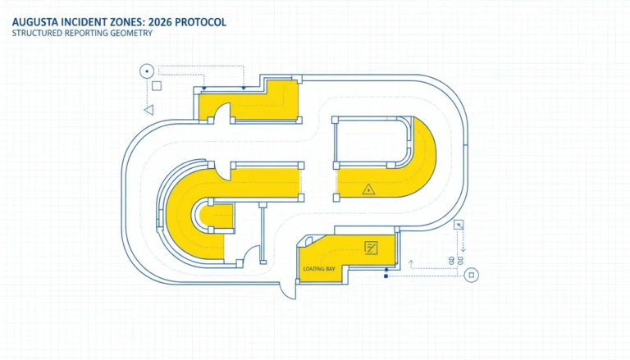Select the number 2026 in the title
(160, 22)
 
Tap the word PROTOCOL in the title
(200, 22)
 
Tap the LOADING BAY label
(319, 269)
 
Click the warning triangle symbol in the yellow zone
(368, 189)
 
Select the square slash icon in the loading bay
(371, 248)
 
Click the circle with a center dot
(147, 71)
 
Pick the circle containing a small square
(472, 276)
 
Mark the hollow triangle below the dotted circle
(149, 110)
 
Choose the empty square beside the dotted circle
(157, 85)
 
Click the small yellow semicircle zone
(217, 216)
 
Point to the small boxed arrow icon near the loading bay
(459, 225)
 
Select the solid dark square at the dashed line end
(386, 276)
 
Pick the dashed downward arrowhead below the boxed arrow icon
(463, 249)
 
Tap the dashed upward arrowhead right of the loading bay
(411, 262)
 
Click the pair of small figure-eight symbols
(456, 260)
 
